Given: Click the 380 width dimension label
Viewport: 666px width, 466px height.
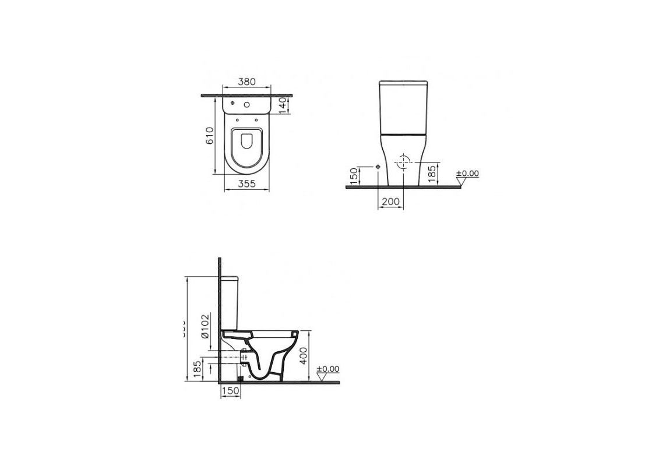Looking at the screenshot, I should (x=247, y=82).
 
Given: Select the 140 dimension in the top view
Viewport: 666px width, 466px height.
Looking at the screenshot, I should (x=283, y=105).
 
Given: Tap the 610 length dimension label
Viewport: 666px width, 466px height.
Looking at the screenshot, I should (x=210, y=135).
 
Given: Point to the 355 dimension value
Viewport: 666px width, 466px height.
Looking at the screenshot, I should (x=247, y=184).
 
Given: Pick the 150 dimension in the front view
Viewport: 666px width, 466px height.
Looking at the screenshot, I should (x=353, y=176).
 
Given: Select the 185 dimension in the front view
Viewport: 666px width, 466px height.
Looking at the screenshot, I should (x=432, y=174).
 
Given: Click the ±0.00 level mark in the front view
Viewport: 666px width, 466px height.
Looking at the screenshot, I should (x=467, y=174).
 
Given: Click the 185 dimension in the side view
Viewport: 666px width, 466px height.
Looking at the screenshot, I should (x=197, y=369).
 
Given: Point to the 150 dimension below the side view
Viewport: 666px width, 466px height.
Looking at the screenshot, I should (x=230, y=391).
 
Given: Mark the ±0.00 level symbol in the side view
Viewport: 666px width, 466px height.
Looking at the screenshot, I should (x=327, y=369).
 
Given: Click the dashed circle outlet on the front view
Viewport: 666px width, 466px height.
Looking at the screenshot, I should (x=402, y=164).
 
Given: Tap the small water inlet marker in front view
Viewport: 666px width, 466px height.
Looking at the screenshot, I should (x=378, y=167).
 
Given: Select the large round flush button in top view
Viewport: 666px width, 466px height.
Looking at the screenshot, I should (x=247, y=105).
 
